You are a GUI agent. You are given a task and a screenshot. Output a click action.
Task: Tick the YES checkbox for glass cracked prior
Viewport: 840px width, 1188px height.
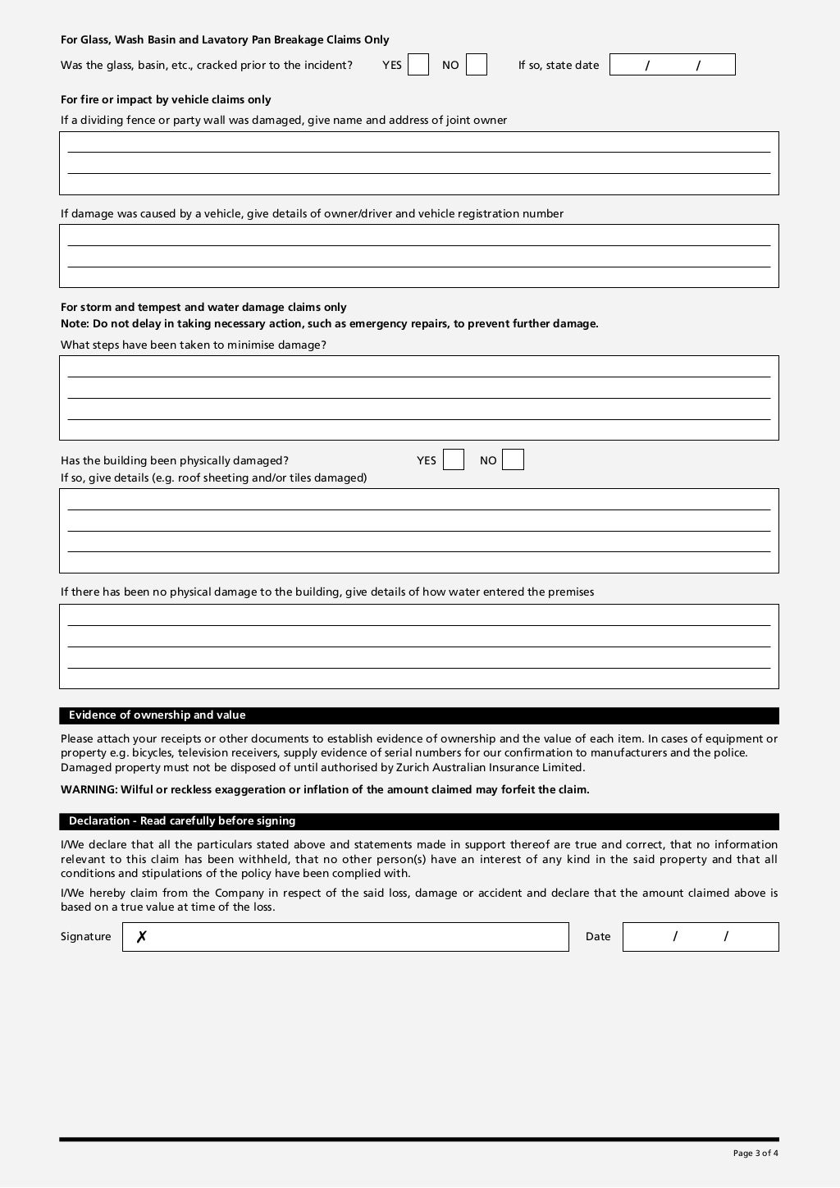point(418,65)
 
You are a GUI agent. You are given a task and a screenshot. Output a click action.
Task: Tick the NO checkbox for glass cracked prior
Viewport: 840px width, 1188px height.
point(477,65)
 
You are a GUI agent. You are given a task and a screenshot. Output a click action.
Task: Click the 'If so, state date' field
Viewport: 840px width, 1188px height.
point(672,65)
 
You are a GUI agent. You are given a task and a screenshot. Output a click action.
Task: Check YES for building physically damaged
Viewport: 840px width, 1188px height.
point(454,459)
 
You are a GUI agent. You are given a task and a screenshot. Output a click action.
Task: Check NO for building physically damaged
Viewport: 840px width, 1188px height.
point(513,459)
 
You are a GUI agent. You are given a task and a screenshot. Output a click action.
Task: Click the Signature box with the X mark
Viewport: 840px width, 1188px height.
point(345,937)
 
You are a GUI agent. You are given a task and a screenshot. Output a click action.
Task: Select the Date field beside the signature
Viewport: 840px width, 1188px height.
point(701,937)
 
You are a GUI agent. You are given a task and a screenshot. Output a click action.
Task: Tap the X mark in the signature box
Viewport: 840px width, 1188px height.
point(141,937)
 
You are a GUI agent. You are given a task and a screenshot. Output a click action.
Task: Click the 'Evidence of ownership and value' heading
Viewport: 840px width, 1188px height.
point(157,715)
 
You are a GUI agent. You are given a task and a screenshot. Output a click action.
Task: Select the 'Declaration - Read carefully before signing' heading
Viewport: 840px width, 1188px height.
point(181,821)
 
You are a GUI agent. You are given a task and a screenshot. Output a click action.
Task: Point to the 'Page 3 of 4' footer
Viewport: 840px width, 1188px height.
point(756,1154)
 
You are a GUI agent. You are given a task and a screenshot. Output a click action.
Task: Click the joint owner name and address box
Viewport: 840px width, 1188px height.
point(418,163)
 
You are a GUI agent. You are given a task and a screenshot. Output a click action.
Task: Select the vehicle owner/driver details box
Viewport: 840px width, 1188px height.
point(418,256)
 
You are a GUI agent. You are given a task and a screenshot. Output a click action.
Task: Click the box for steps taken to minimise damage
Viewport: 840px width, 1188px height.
point(418,398)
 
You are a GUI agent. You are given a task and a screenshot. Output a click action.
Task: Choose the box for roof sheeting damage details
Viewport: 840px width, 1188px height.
point(418,531)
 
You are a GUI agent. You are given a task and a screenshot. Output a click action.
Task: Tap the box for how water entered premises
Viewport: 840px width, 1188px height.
point(418,647)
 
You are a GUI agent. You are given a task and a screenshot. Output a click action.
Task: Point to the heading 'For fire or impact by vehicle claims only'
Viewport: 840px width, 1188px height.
point(166,100)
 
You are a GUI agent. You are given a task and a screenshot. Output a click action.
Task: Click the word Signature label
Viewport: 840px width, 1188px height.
point(85,937)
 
